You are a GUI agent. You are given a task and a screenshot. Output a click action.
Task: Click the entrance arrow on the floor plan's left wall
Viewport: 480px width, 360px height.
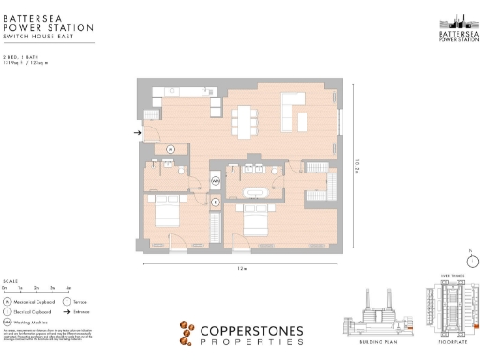coord(137,133)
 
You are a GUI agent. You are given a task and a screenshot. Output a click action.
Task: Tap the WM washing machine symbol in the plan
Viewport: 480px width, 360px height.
coord(216,180)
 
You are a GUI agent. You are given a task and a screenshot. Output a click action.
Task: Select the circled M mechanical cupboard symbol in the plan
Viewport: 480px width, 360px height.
coord(171,149)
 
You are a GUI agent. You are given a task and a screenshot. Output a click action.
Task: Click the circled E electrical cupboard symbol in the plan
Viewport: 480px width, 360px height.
coord(216,201)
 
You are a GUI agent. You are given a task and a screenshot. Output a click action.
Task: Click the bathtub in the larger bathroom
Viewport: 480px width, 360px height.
coord(255,194)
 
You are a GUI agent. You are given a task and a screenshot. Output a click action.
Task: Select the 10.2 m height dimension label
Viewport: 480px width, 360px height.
coord(357,166)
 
